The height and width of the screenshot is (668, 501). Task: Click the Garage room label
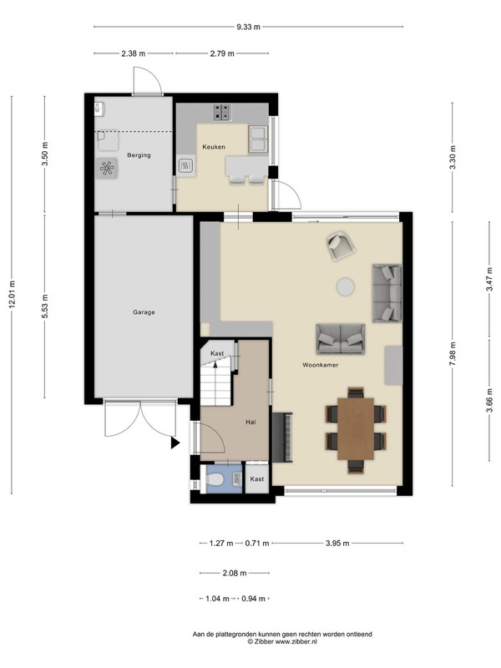(144, 312)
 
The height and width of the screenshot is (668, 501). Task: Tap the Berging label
(139, 155)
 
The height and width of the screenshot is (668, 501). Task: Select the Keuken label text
(214, 147)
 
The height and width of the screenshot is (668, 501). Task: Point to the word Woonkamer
(321, 365)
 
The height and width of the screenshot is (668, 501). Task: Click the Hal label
(250, 423)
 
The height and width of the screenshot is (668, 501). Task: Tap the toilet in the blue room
(215, 479)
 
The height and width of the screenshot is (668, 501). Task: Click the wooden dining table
(356, 429)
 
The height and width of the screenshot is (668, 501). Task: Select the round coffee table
(346, 286)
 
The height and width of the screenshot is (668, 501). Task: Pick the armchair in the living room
(341, 245)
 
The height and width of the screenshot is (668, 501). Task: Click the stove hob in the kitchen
(222, 112)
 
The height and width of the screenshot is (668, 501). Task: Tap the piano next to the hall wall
(282, 437)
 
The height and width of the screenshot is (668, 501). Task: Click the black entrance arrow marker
(175, 443)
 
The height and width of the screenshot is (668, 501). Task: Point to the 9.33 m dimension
(248, 27)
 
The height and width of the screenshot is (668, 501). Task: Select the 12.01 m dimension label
(12, 294)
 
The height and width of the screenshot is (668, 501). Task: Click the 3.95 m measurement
(337, 544)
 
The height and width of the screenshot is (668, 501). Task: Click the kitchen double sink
(258, 139)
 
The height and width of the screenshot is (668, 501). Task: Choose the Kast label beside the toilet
(257, 479)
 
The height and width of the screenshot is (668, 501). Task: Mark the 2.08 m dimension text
(235, 573)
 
